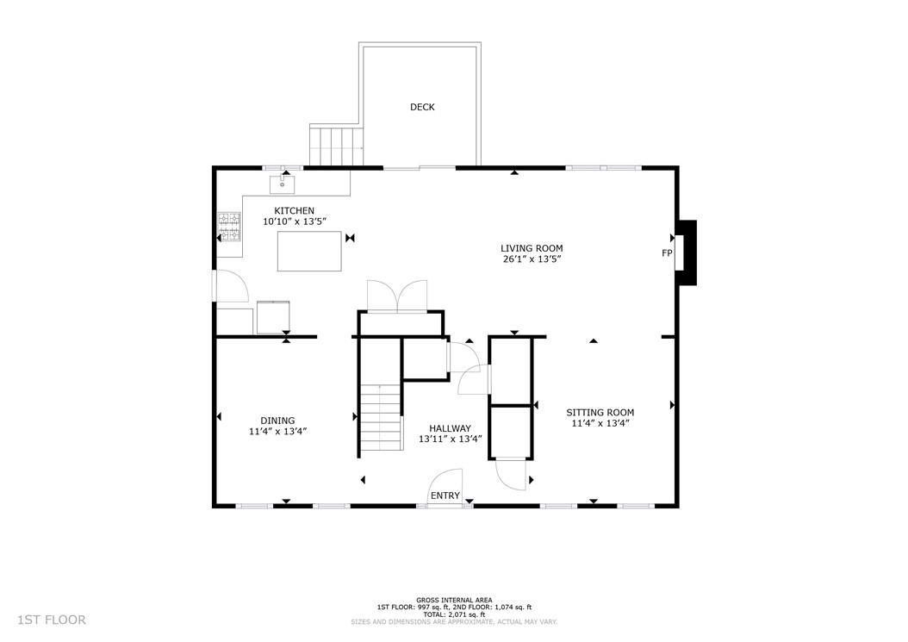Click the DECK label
(x=422, y=107)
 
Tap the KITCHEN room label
(x=294, y=210)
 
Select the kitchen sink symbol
(x=283, y=184)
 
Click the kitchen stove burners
(x=228, y=230)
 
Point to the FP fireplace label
(x=666, y=253)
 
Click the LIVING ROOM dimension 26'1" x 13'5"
(x=532, y=259)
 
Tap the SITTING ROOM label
(x=600, y=412)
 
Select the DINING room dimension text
(x=277, y=432)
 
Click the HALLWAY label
(x=450, y=427)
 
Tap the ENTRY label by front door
(x=445, y=496)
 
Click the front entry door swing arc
(x=448, y=484)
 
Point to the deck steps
(x=337, y=146)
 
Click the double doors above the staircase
(x=396, y=295)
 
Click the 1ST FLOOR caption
(x=52, y=620)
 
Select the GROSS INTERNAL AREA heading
(x=453, y=600)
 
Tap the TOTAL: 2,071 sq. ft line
(x=453, y=614)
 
